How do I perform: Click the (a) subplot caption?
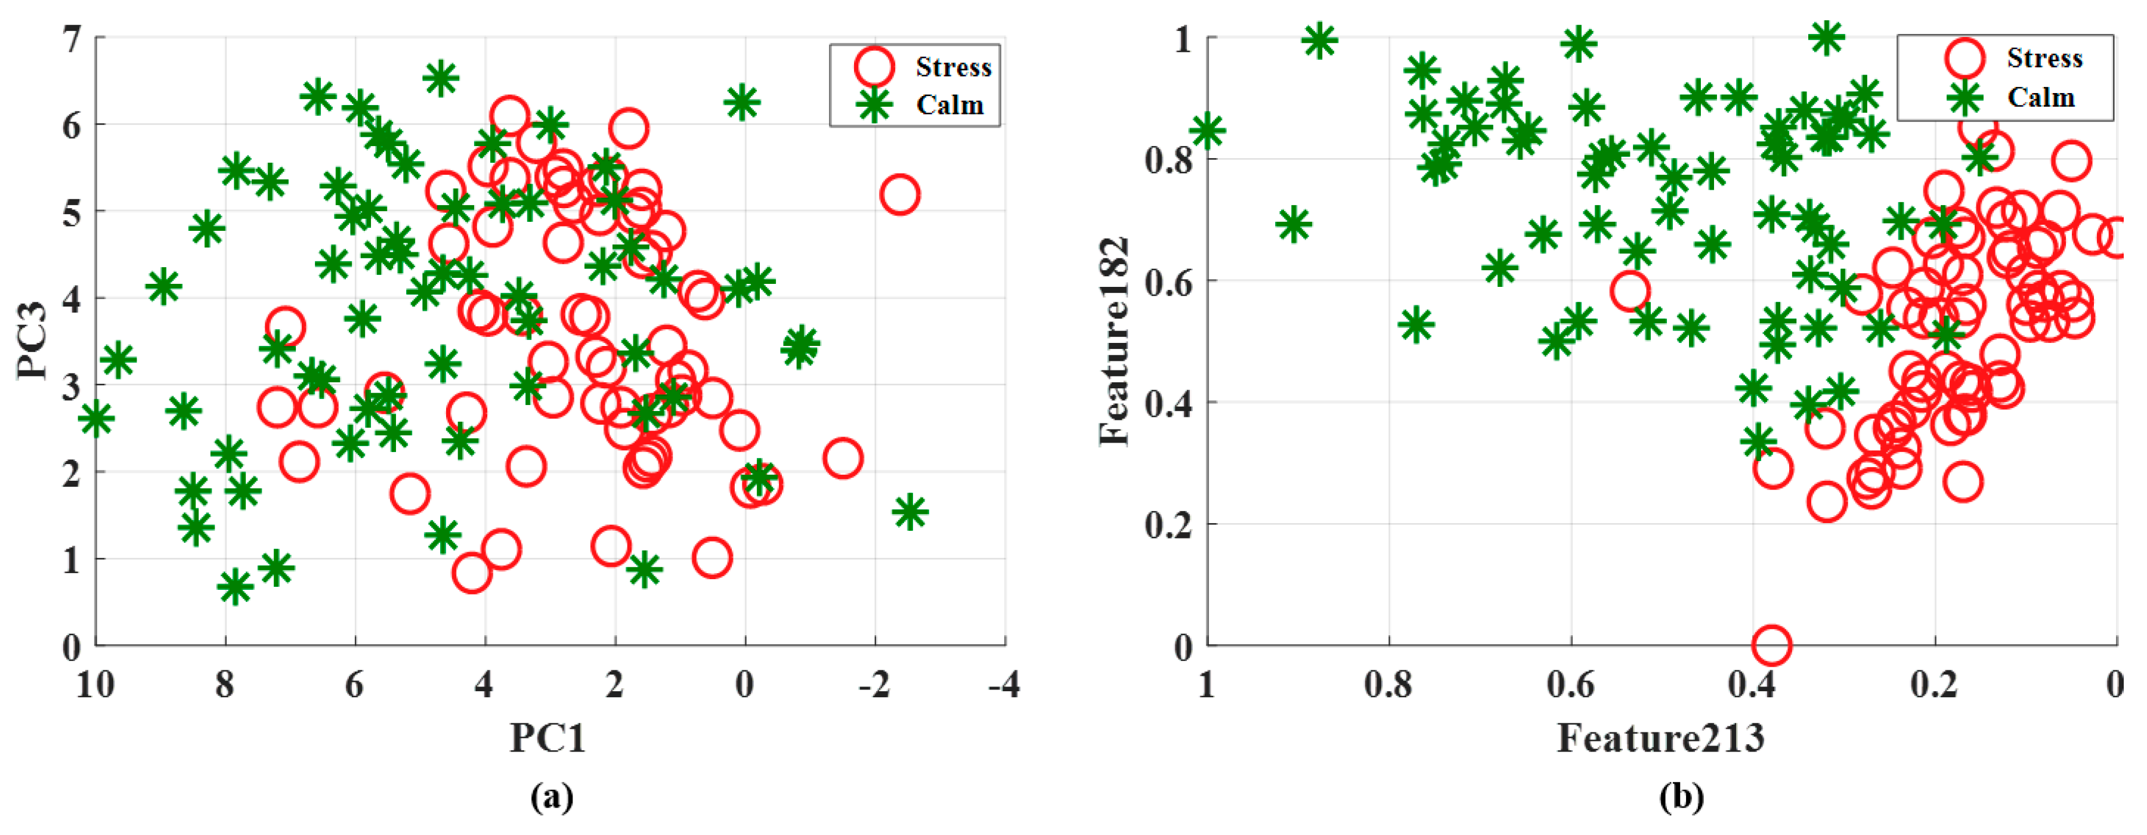(x=552, y=797)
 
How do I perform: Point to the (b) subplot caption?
(x=1681, y=797)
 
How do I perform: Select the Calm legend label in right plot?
(x=2040, y=97)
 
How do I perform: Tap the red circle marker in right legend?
(x=1965, y=57)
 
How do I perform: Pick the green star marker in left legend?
(x=874, y=104)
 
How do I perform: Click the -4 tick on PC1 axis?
(x=1004, y=686)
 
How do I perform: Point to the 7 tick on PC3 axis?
(x=72, y=38)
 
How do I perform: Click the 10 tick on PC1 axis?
(x=95, y=686)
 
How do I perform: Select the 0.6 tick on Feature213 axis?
(x=1570, y=686)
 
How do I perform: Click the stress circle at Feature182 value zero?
(x=1771, y=644)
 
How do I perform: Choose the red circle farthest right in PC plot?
(x=899, y=195)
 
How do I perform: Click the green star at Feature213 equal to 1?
(x=1207, y=130)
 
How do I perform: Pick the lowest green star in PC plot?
(x=234, y=587)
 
